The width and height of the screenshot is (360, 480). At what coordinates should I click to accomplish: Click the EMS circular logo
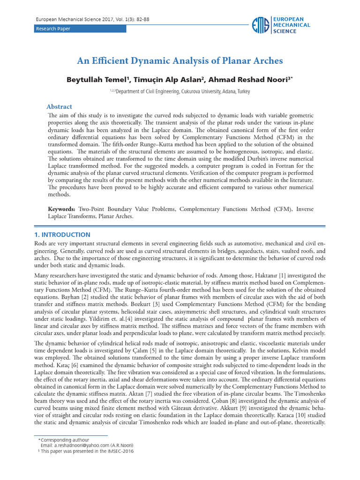(260, 25)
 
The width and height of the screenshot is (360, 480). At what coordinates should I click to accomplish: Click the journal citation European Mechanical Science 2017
(93, 20)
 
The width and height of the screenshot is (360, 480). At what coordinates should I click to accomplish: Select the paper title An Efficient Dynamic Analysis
(180, 61)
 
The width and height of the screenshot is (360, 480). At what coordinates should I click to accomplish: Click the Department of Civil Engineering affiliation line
(180, 92)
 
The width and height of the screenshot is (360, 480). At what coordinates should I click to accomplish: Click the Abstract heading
(59, 107)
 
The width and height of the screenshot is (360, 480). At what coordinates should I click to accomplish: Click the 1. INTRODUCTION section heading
(62, 235)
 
